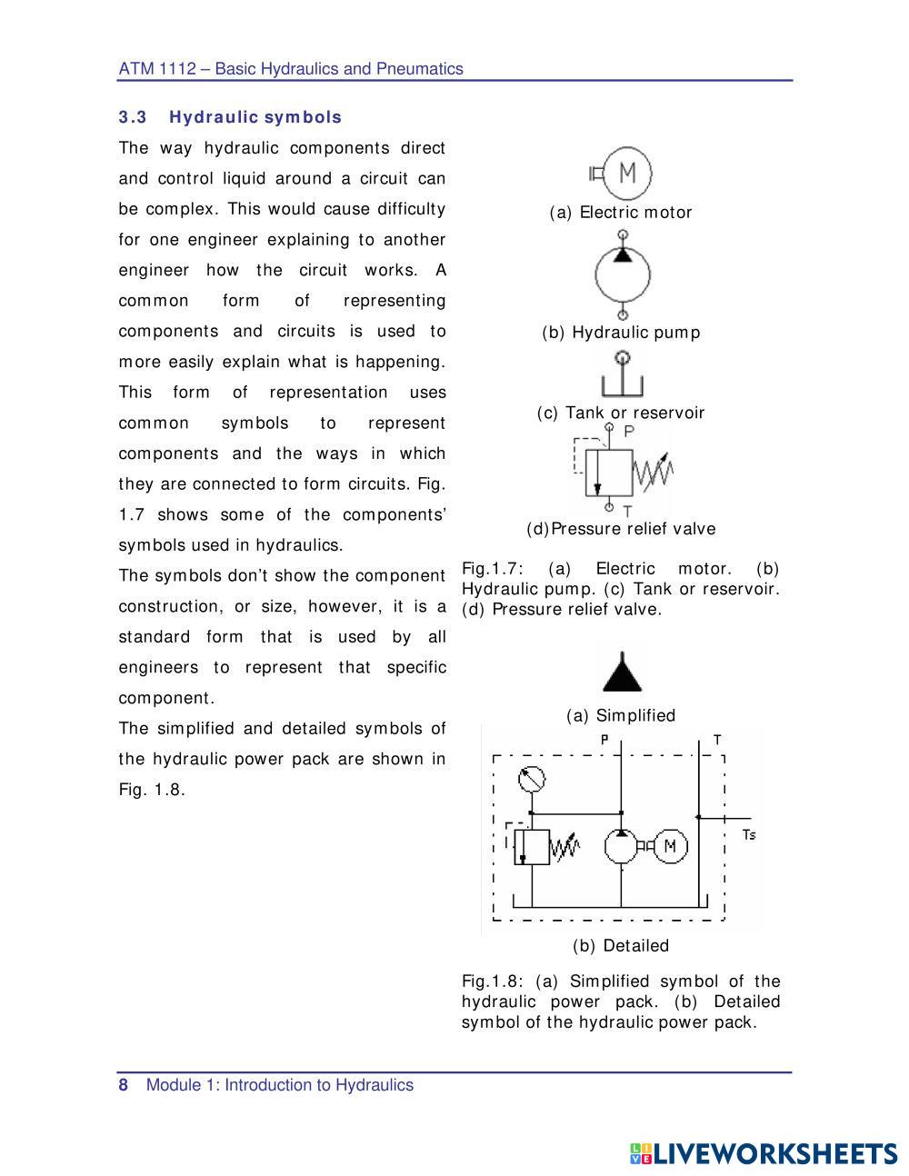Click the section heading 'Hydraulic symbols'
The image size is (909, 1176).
pos(255,117)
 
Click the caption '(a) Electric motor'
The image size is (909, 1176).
pos(621,213)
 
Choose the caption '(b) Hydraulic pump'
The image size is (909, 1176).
pos(621,333)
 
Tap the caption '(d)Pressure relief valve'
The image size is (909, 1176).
pos(621,529)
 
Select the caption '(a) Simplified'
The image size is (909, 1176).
pos(621,716)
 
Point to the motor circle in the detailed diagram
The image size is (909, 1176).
pos(670,846)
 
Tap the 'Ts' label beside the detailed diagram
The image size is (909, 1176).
pos(748,834)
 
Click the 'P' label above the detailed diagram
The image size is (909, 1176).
pos(604,740)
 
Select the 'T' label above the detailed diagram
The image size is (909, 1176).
pos(717,740)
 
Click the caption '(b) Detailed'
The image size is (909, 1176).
pos(621,946)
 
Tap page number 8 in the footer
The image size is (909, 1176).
pos(124,1085)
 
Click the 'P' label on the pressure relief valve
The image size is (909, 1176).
pos(629,432)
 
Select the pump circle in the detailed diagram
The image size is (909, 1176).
pos(621,846)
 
